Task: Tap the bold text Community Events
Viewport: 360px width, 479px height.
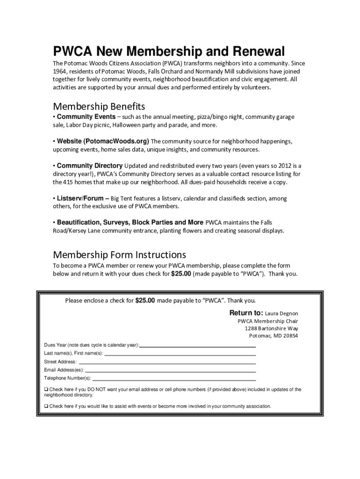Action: [x=86, y=116]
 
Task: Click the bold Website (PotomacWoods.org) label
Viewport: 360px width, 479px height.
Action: [x=103, y=141]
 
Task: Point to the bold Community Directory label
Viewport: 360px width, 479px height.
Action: [x=90, y=166]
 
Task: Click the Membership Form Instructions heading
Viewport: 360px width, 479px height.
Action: [x=119, y=255]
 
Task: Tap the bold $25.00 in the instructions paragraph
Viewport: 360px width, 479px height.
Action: [x=181, y=274]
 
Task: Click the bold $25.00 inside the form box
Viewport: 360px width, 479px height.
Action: [x=145, y=300]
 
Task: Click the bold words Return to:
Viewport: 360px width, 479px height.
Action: [x=246, y=313]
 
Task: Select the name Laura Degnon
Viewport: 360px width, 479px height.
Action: [x=281, y=313]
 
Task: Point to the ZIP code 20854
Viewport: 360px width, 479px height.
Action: [x=289, y=336]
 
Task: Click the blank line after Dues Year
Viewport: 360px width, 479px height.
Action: [x=198, y=346]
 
